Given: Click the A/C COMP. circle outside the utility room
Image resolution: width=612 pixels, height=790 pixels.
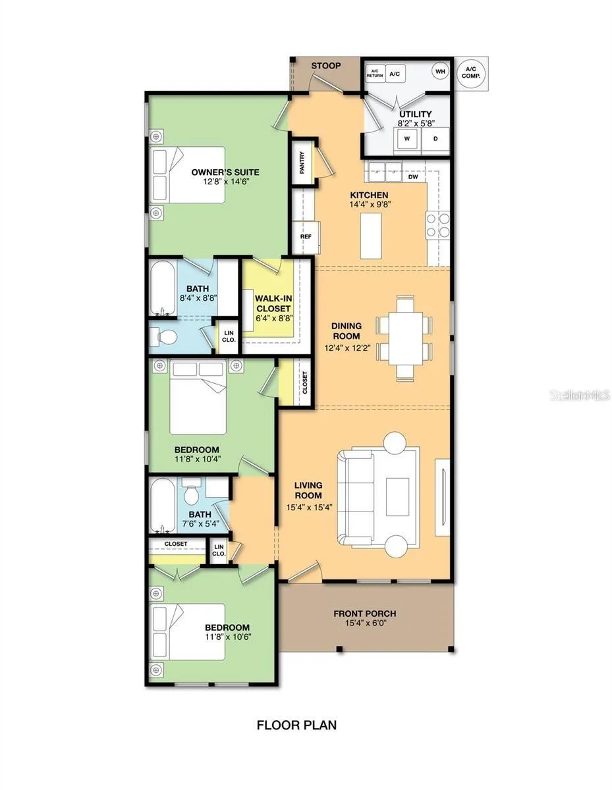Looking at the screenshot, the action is tap(471, 74).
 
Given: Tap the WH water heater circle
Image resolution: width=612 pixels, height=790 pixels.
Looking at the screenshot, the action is tap(440, 71).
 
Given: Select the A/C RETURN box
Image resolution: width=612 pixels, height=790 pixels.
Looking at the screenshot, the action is tap(375, 74).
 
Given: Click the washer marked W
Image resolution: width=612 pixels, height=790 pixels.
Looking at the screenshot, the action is tap(407, 138).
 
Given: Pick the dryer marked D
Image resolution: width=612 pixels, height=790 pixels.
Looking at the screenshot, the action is tap(435, 138).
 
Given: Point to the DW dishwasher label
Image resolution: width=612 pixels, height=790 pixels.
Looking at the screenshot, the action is tap(413, 177).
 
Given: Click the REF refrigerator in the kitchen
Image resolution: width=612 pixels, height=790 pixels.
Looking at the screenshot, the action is tap(306, 237).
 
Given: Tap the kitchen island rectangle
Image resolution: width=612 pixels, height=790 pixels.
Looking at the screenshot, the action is tap(371, 236).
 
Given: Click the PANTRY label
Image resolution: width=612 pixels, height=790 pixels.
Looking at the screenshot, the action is tap(302, 163).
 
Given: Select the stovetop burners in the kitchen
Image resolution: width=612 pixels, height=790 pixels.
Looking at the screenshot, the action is tap(438, 224).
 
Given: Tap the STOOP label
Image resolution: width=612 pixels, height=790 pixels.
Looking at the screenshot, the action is tap(326, 66).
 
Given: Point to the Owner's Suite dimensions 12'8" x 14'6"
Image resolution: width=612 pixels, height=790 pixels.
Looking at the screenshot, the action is tap(226, 182).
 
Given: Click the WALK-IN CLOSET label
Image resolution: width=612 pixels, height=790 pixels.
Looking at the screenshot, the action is tap(273, 303).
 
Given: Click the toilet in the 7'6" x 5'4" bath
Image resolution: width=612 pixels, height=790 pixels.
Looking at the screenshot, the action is tap(191, 490).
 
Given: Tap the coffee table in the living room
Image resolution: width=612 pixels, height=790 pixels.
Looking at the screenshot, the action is tap(397, 496).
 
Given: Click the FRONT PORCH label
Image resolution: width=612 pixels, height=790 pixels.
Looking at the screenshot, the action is tap(365, 614).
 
